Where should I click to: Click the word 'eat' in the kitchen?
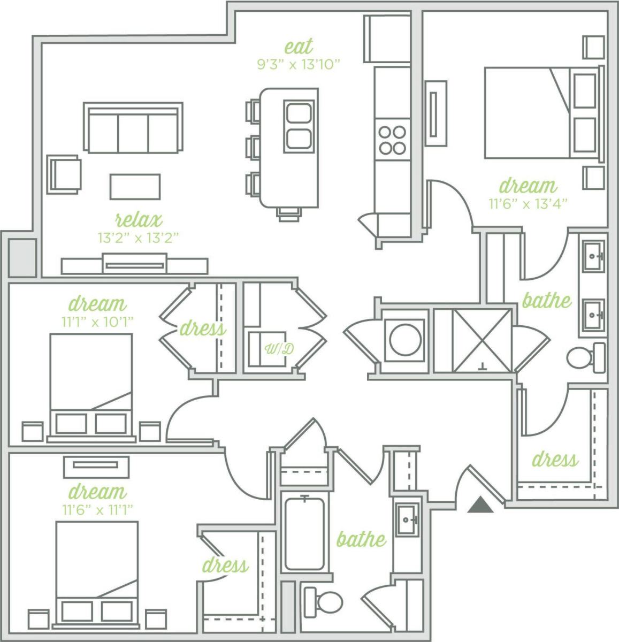pyautogui.click(x=299, y=47)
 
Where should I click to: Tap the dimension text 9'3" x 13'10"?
pyautogui.click(x=299, y=65)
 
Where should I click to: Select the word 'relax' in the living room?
pyautogui.click(x=139, y=219)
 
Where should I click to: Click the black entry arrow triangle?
pyautogui.click(x=480, y=505)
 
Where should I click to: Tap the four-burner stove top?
pyautogui.click(x=392, y=139)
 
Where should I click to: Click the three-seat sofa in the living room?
pyautogui.click(x=133, y=128)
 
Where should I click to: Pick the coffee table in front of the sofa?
pyautogui.click(x=135, y=186)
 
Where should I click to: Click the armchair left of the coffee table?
pyautogui.click(x=64, y=174)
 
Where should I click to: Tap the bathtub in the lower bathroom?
pyautogui.click(x=304, y=533)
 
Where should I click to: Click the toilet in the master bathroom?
pyautogui.click(x=585, y=357)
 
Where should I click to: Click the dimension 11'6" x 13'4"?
pyautogui.click(x=528, y=204)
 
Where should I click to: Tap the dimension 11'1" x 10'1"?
pyautogui.click(x=97, y=321)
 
